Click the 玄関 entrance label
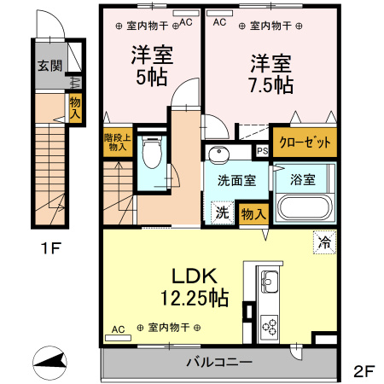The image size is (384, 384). pyautogui.click(x=49, y=66)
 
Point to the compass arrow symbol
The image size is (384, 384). pyautogui.click(x=49, y=361)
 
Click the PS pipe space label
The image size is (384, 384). pyautogui.click(x=261, y=151)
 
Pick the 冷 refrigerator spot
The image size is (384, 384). pyautogui.click(x=324, y=241)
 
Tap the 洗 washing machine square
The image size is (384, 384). pyautogui.click(x=220, y=213)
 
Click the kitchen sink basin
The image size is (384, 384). pyautogui.click(x=268, y=282)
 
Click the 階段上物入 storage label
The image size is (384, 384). pyautogui.click(x=115, y=142)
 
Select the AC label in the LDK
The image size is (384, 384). pyautogui.click(x=118, y=328)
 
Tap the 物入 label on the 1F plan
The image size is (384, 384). pyautogui.click(x=74, y=108)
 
